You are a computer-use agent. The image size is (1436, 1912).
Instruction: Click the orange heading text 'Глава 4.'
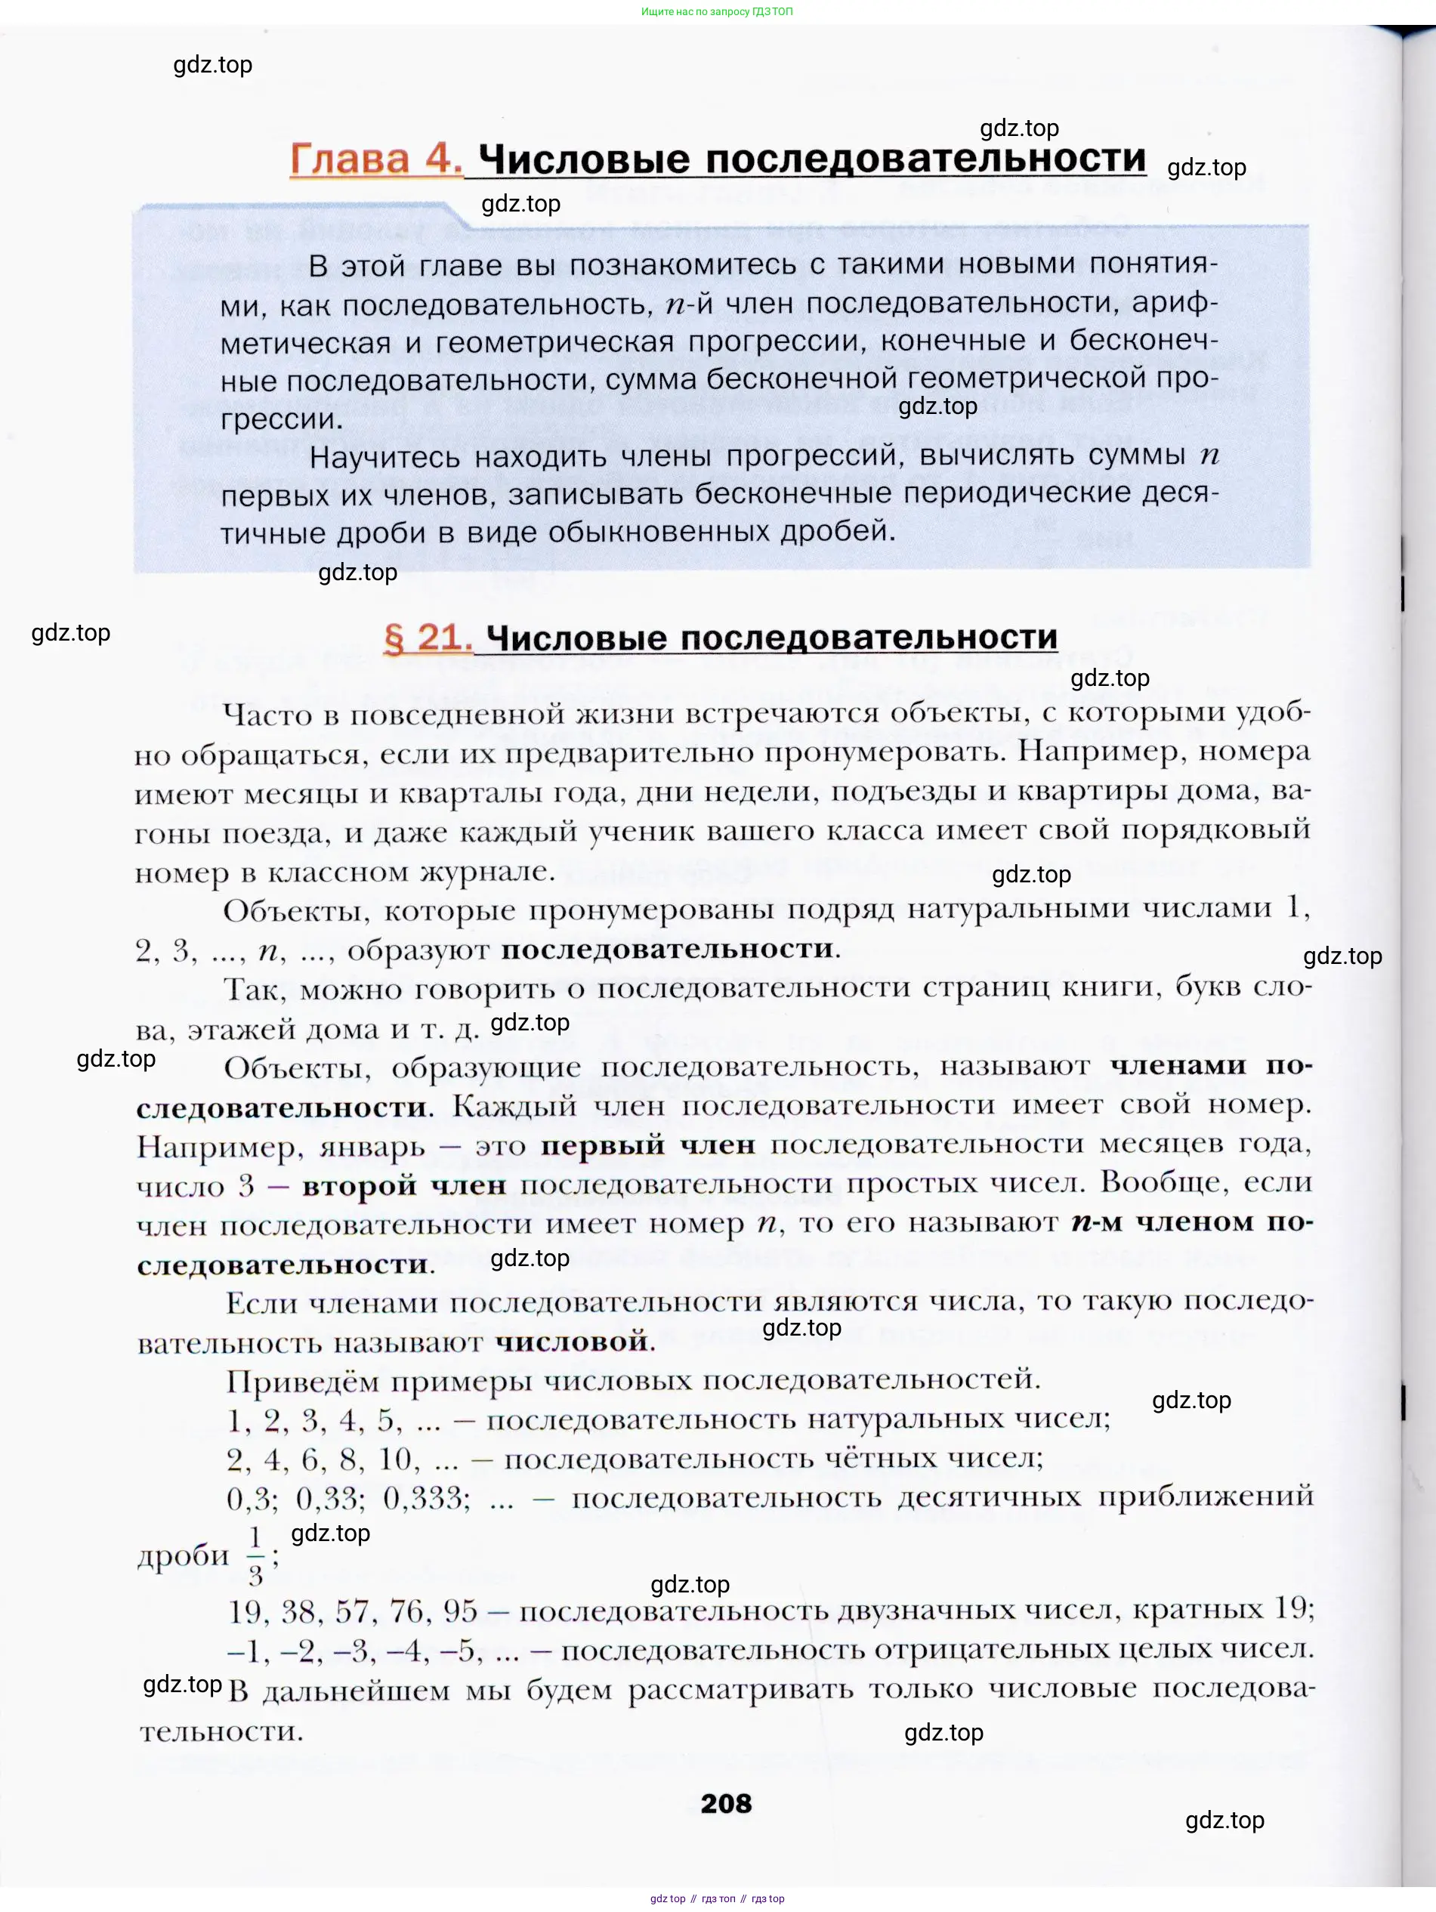point(375,159)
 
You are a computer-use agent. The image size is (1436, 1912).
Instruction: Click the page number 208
point(725,1803)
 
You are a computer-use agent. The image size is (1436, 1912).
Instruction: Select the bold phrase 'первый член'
point(647,1145)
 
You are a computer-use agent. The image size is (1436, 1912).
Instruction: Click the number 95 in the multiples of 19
point(460,1611)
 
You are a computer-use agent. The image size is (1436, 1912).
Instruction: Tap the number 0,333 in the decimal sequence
point(426,1498)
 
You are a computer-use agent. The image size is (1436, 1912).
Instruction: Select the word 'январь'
point(372,1147)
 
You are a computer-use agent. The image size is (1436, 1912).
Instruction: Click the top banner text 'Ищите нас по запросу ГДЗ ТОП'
point(717,12)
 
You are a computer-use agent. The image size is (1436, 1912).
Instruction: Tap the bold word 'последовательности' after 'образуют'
point(668,948)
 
